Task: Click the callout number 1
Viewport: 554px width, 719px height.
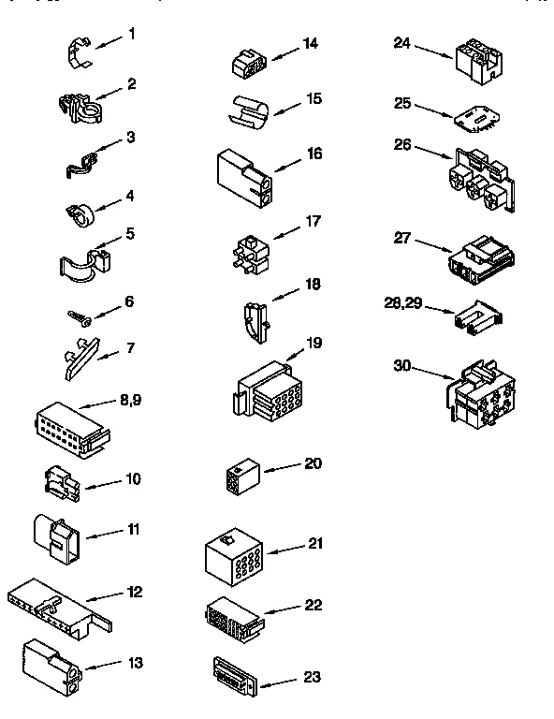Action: [131, 35]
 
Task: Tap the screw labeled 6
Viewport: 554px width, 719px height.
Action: [80, 315]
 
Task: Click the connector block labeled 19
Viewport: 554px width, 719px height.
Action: [266, 385]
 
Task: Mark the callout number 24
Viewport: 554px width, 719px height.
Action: [402, 42]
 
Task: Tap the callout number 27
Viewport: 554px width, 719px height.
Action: [402, 239]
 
